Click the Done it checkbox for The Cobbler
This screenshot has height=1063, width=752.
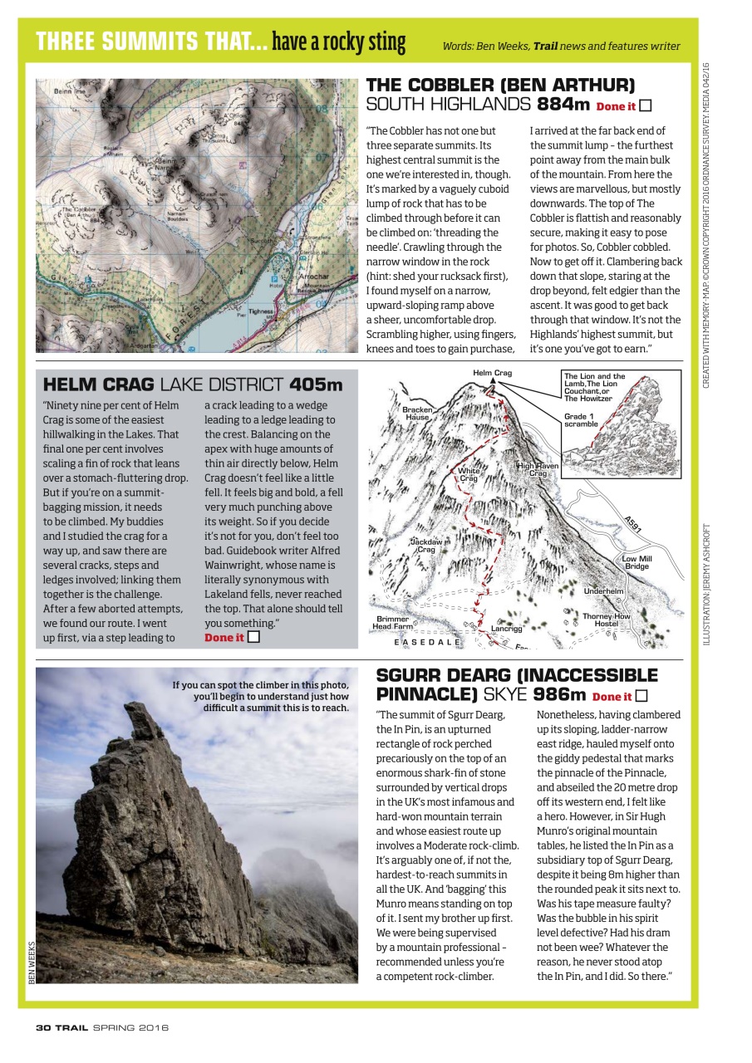(645, 105)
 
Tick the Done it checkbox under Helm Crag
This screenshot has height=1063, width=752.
(253, 637)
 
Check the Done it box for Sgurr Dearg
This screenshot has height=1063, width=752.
(641, 696)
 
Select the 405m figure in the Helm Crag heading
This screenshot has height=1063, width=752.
(316, 385)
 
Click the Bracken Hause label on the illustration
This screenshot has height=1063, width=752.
(417, 414)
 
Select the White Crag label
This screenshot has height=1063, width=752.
(468, 475)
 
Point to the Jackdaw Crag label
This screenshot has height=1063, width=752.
(425, 545)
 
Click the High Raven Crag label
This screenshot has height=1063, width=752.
(538, 470)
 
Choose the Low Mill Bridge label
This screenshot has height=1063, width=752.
(637, 562)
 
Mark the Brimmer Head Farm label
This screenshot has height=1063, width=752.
(392, 623)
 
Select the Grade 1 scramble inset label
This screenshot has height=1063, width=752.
(581, 420)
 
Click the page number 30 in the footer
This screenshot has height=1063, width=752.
(43, 1027)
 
